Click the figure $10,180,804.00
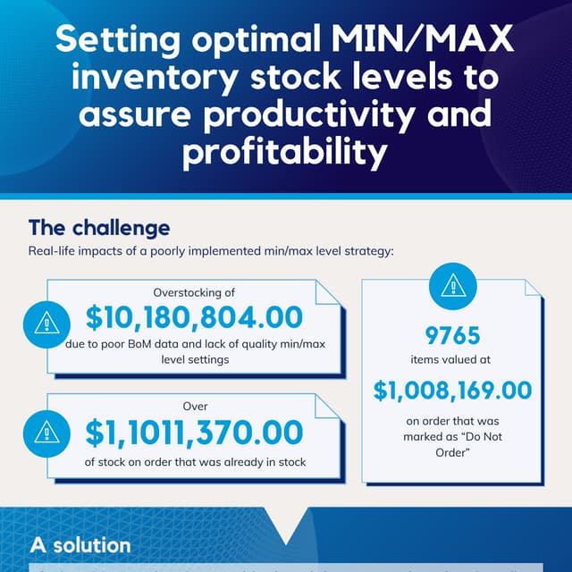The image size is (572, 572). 194,317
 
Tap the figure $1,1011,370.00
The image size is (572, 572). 194,433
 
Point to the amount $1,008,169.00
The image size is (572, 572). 452,390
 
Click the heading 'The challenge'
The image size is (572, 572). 98,227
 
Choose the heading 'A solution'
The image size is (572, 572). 80,544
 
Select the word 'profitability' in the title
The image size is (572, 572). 285,153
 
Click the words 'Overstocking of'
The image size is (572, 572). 194,290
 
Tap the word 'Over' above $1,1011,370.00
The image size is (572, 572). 194,405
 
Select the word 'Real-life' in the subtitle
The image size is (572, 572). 56,251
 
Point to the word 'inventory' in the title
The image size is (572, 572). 161,79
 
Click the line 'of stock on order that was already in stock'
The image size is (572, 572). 194,462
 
